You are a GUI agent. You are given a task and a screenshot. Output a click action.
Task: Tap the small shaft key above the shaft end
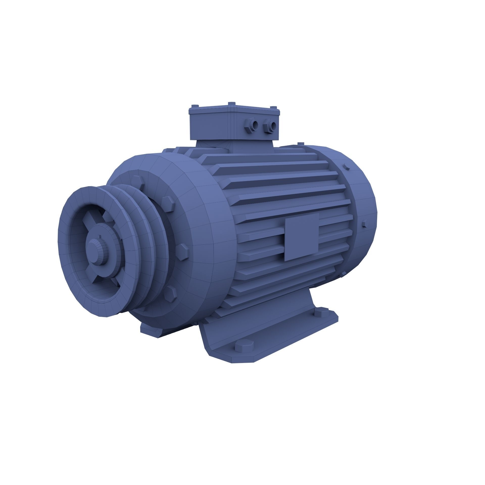[x=100, y=236]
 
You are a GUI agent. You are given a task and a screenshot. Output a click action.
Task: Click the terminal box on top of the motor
[x=234, y=124]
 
